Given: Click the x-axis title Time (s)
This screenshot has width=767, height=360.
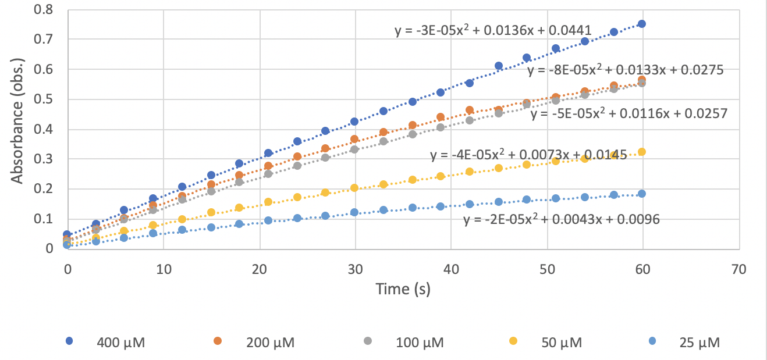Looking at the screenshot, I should tap(403, 288).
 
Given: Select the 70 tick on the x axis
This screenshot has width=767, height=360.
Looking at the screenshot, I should tap(738, 269).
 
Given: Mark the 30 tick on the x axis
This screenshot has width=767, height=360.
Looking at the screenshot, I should tap(355, 269).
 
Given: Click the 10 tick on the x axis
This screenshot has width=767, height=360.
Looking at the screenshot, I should tap(164, 269).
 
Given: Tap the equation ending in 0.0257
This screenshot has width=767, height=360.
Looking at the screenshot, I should tap(628, 113).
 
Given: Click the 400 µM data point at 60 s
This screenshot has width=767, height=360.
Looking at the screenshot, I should tap(642, 24).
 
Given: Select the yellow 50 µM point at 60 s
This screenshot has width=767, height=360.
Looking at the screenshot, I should tap(642, 152).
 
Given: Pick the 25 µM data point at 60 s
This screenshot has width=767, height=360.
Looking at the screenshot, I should tap(642, 194).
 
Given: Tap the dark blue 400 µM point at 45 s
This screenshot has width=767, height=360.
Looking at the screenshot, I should tap(499, 66).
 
